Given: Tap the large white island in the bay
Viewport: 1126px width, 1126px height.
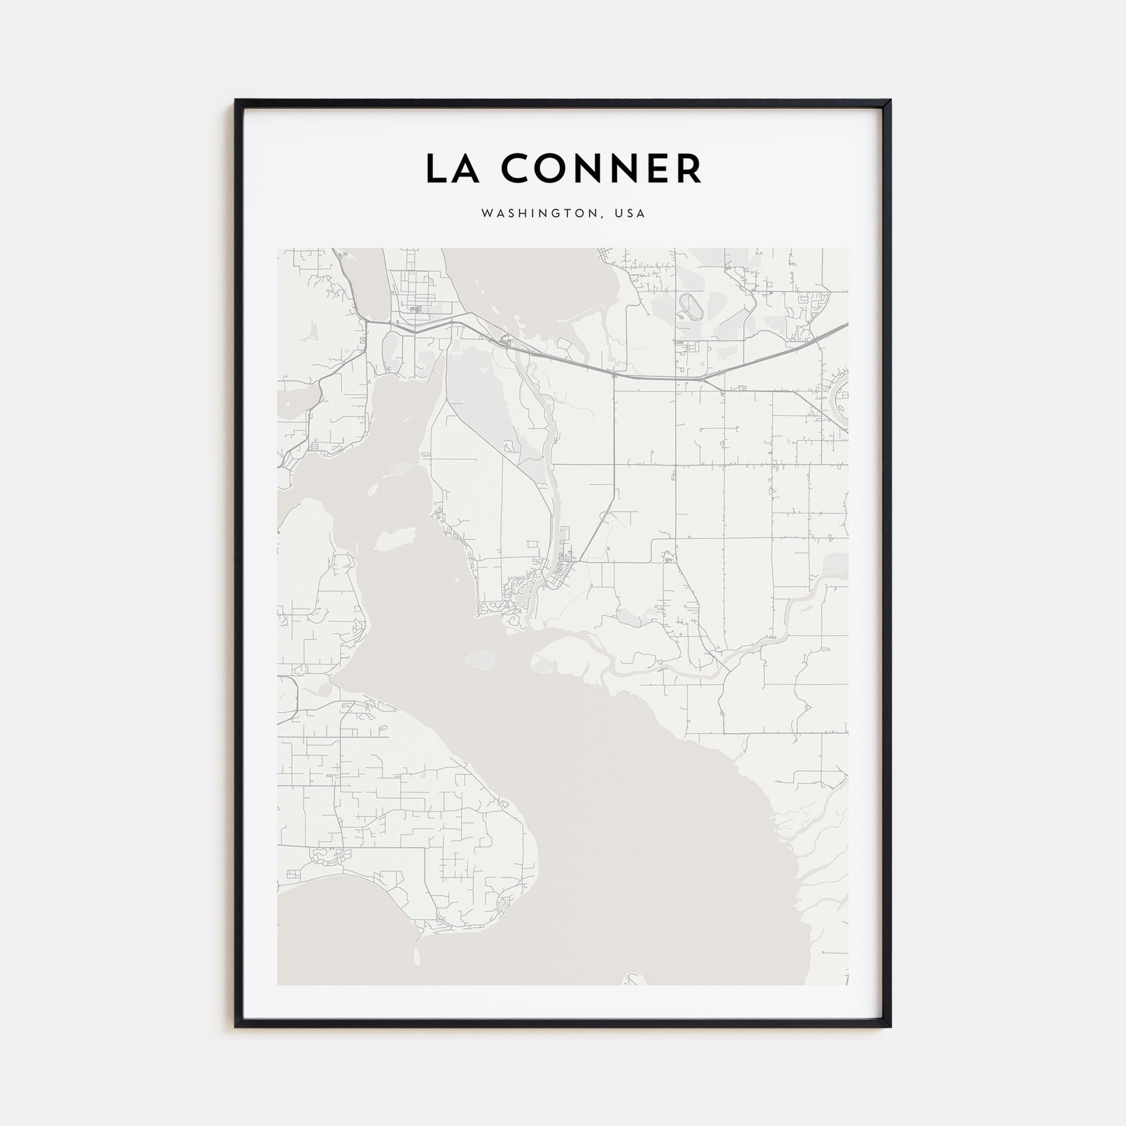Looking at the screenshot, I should click(395, 539).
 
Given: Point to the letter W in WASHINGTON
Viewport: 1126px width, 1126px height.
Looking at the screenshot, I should click(486, 214).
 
